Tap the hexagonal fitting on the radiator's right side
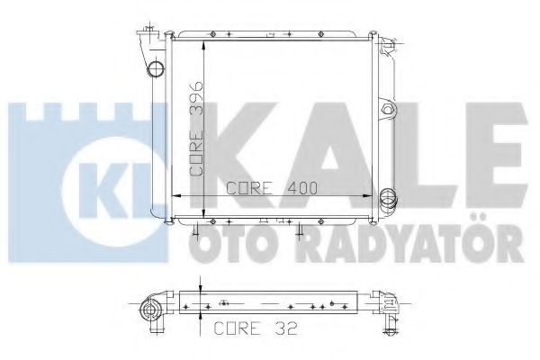390,111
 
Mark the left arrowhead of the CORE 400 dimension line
174,197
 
